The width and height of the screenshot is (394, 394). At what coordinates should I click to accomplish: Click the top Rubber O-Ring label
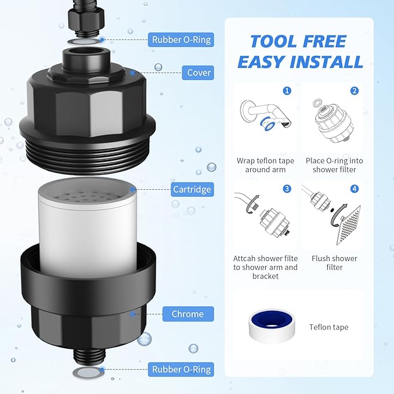point(182,39)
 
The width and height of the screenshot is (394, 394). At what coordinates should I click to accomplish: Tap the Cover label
point(198,73)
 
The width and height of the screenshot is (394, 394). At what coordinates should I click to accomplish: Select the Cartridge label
point(191,189)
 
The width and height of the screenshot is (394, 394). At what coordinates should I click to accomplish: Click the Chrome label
point(187,314)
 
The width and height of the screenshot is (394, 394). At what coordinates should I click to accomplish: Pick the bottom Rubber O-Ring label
point(182,369)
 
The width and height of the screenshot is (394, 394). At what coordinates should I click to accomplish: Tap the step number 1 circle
point(287,91)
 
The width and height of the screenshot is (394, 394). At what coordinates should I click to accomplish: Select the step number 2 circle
point(354,91)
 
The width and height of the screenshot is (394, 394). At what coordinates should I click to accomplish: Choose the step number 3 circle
point(287,189)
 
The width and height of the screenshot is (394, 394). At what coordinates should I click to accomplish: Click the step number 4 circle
point(354,189)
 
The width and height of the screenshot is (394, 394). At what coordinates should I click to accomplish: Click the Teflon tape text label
point(328,327)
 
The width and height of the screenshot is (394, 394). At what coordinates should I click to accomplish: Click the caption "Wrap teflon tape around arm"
point(265,165)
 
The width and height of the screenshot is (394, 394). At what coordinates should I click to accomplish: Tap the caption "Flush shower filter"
point(334,263)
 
